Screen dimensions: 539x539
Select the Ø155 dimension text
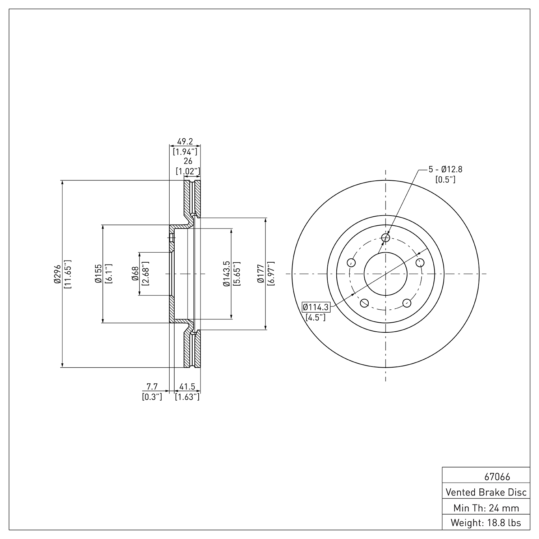[x=97, y=274]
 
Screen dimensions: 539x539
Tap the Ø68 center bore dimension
[x=135, y=274]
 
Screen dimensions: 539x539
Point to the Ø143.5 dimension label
[x=226, y=274]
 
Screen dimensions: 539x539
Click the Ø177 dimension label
[x=261, y=274]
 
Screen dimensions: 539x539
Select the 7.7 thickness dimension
[x=152, y=387]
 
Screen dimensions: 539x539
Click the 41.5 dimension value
[x=187, y=387]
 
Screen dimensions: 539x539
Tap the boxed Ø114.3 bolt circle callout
[x=316, y=307]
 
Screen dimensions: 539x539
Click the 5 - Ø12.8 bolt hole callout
[x=445, y=169]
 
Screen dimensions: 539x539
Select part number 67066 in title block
[x=497, y=477]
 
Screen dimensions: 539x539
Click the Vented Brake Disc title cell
[x=486, y=492]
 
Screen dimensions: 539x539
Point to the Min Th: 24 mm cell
[x=486, y=508]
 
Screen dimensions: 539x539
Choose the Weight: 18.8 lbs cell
[x=486, y=522]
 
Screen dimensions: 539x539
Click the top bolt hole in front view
[x=386, y=238]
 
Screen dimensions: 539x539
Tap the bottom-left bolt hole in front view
[x=364, y=303]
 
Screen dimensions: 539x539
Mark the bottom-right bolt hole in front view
[x=407, y=303]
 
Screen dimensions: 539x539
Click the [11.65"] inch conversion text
[x=68, y=274]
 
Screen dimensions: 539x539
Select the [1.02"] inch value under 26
[x=188, y=171]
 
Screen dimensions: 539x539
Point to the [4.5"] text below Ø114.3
[x=315, y=317]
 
